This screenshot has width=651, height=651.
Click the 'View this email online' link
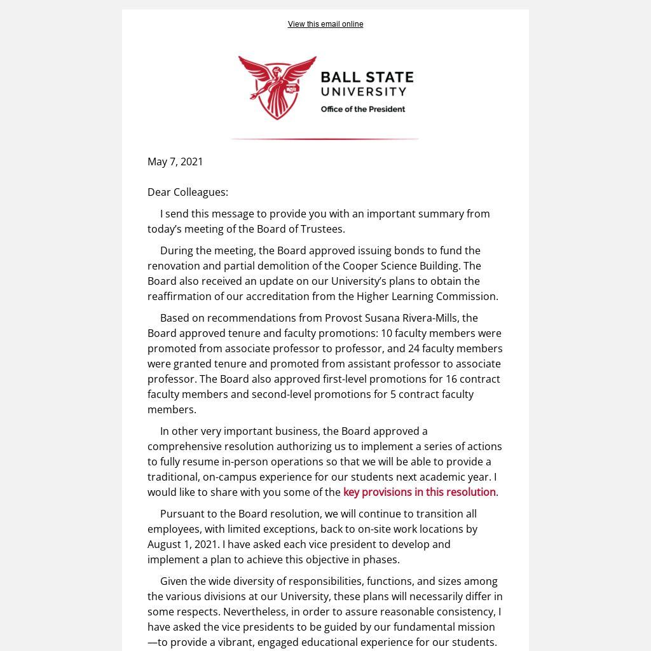pos(325,24)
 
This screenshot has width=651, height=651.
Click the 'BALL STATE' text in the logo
pos(367,78)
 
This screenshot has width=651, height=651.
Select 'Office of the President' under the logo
pos(363,109)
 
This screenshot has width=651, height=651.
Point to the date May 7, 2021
pos(175,161)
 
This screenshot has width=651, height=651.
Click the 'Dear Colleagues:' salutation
pos(188,192)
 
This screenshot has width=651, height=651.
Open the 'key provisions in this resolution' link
pos(419,492)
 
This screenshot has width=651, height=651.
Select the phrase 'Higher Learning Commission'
pos(426,296)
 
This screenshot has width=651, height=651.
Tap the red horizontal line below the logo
pos(325,139)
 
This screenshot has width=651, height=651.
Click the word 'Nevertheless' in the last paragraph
pos(254,612)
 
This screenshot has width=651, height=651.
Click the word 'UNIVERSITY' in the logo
pos(364,92)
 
